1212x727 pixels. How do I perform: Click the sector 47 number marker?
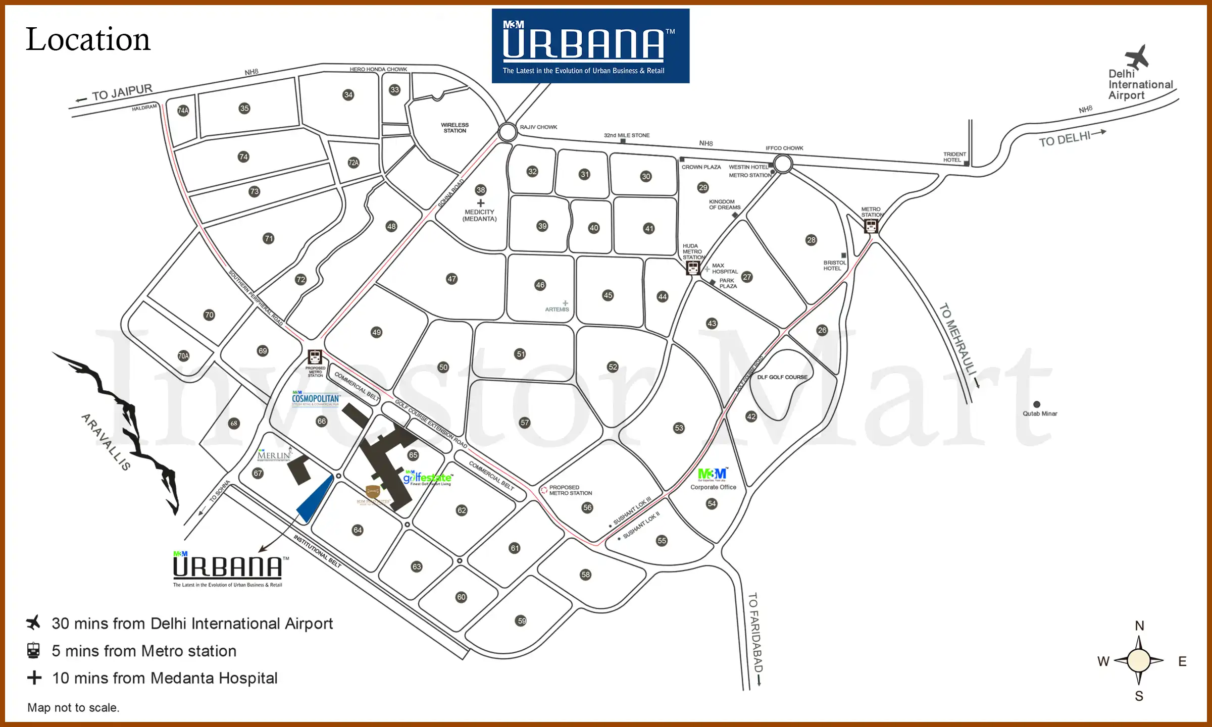[451, 279]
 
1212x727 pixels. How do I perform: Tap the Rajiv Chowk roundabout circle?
[508, 132]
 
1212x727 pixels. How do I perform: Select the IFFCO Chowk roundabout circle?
[783, 164]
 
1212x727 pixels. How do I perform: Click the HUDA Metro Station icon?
[693, 268]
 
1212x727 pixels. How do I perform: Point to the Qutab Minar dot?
[1037, 404]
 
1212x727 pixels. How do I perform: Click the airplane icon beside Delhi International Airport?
[1137, 57]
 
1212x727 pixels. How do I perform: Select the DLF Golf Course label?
[782, 377]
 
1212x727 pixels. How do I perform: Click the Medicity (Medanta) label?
[480, 216]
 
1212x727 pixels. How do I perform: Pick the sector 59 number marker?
[522, 621]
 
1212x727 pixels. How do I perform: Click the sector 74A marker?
[183, 111]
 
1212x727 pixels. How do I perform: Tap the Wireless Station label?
[454, 128]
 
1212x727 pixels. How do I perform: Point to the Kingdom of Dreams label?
[725, 204]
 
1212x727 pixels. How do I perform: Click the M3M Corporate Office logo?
[713, 474]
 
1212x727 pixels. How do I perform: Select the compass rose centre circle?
[1139, 661]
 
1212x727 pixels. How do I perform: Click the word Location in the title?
[88, 40]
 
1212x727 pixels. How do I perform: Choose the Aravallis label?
[106, 442]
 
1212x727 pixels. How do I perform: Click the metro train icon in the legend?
[33, 651]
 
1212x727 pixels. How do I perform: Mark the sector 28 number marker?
[811, 240]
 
